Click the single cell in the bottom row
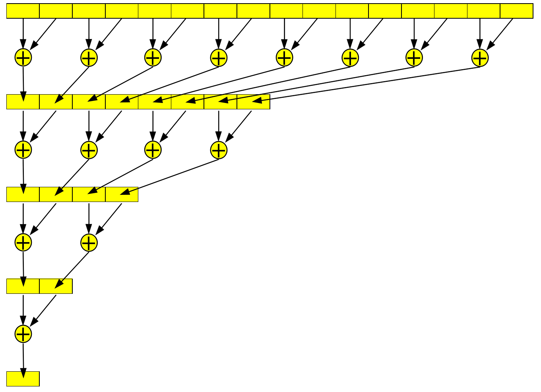coord(23,378)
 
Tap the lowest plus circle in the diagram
coord(23,334)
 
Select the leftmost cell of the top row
coord(23,11)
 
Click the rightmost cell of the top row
coord(516,11)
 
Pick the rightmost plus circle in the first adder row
coord(480,58)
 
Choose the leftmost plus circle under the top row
coord(23,58)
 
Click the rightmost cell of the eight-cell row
coord(254,102)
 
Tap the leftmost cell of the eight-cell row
coord(23,102)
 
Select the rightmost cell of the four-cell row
coord(122,194)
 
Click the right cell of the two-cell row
coord(56,286)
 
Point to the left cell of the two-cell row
coord(23,286)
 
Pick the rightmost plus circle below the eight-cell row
coord(219,150)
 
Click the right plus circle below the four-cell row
coord(89,243)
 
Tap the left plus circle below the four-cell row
coord(23,243)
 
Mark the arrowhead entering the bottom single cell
coord(23,374)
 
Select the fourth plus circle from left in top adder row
coord(219,58)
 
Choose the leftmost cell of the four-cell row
coord(23,194)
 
